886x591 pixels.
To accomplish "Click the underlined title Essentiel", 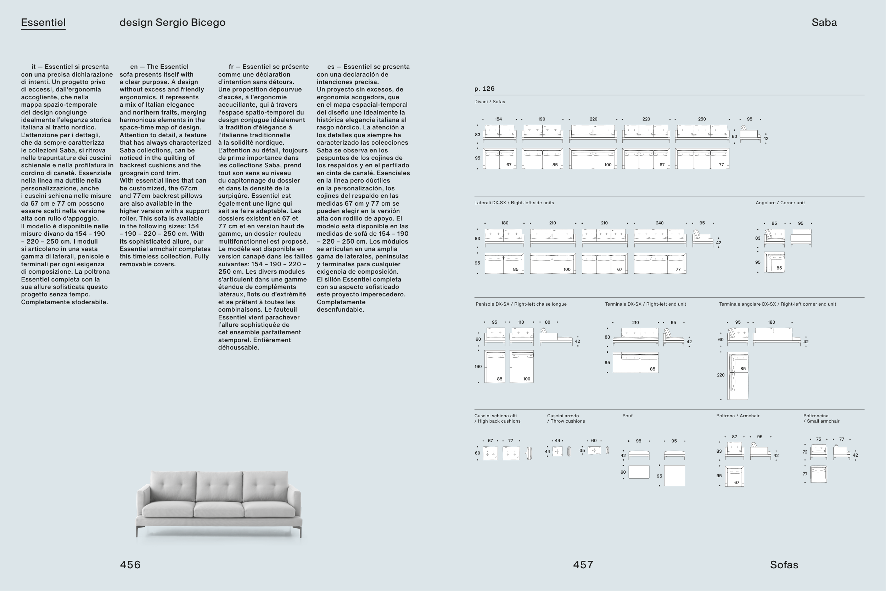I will click(43, 23).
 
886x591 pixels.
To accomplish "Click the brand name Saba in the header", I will click(824, 23).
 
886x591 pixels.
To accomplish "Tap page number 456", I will click(130, 565).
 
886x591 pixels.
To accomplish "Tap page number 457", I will click(583, 565).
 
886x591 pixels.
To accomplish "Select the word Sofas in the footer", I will click(784, 565).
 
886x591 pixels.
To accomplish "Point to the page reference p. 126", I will click(484, 89).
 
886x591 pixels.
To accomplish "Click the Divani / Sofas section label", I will click(489, 102).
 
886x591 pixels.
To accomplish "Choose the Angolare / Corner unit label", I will click(780, 203).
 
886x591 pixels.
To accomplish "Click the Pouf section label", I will click(627, 416).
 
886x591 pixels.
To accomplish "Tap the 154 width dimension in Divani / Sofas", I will click(498, 119).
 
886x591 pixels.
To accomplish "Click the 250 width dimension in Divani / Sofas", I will click(701, 119).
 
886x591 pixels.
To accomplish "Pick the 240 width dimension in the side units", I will click(659, 223).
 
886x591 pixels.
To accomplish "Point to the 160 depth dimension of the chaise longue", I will click(478, 366).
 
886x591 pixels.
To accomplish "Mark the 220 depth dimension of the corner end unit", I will click(720, 375).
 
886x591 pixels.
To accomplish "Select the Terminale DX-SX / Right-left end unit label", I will click(645, 304).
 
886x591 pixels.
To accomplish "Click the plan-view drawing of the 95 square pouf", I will click(674, 476).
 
